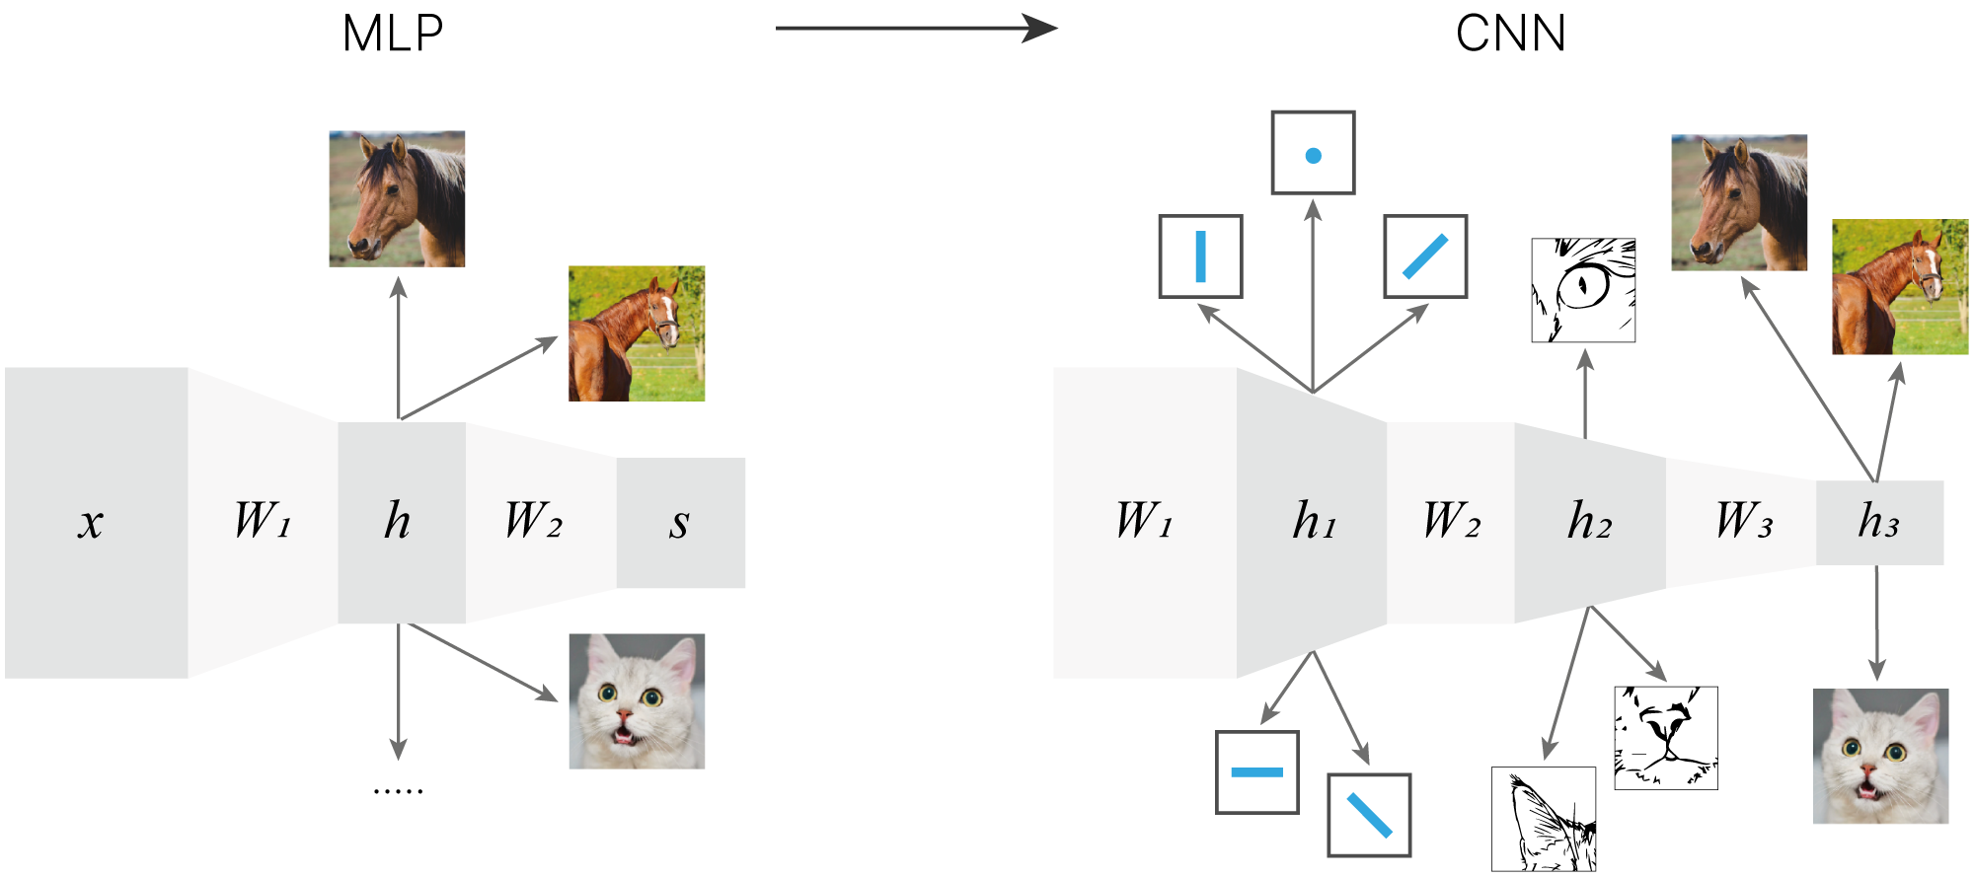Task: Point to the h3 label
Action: pos(1878,521)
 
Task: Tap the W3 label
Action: pos(1743,521)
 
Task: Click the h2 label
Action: pos(1589,521)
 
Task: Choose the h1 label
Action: pos(1314,521)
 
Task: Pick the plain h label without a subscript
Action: pos(397,521)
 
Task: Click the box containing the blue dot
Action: pos(1313,153)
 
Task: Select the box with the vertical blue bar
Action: pos(1200,256)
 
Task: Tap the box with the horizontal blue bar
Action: pos(1256,772)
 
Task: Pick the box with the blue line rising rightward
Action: pos(1425,256)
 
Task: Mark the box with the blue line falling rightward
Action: pos(1369,815)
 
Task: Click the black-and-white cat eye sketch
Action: pos(1583,290)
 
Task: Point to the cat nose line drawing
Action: pos(1666,738)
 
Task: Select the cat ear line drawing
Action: pos(1544,819)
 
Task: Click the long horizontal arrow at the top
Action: pos(916,29)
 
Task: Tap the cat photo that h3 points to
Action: pos(1881,756)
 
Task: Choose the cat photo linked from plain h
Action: pos(637,700)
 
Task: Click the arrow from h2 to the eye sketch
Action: pos(1585,395)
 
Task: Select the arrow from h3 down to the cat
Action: pos(1876,622)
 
